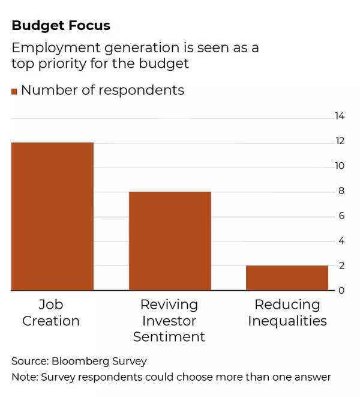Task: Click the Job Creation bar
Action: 52,216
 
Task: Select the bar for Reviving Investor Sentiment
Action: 170,241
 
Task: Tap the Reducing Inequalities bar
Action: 287,278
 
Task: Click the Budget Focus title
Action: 61,26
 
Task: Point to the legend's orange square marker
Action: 14,91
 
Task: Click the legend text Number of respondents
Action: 103,91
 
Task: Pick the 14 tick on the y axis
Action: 340,116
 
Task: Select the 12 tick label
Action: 340,141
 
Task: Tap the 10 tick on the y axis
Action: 340,166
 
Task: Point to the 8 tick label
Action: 341,191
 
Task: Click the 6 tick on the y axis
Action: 341,216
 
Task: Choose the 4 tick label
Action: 341,241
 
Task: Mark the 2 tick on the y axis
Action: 341,265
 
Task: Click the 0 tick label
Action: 341,291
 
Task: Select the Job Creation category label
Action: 51,312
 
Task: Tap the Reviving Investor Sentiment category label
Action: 169,321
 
